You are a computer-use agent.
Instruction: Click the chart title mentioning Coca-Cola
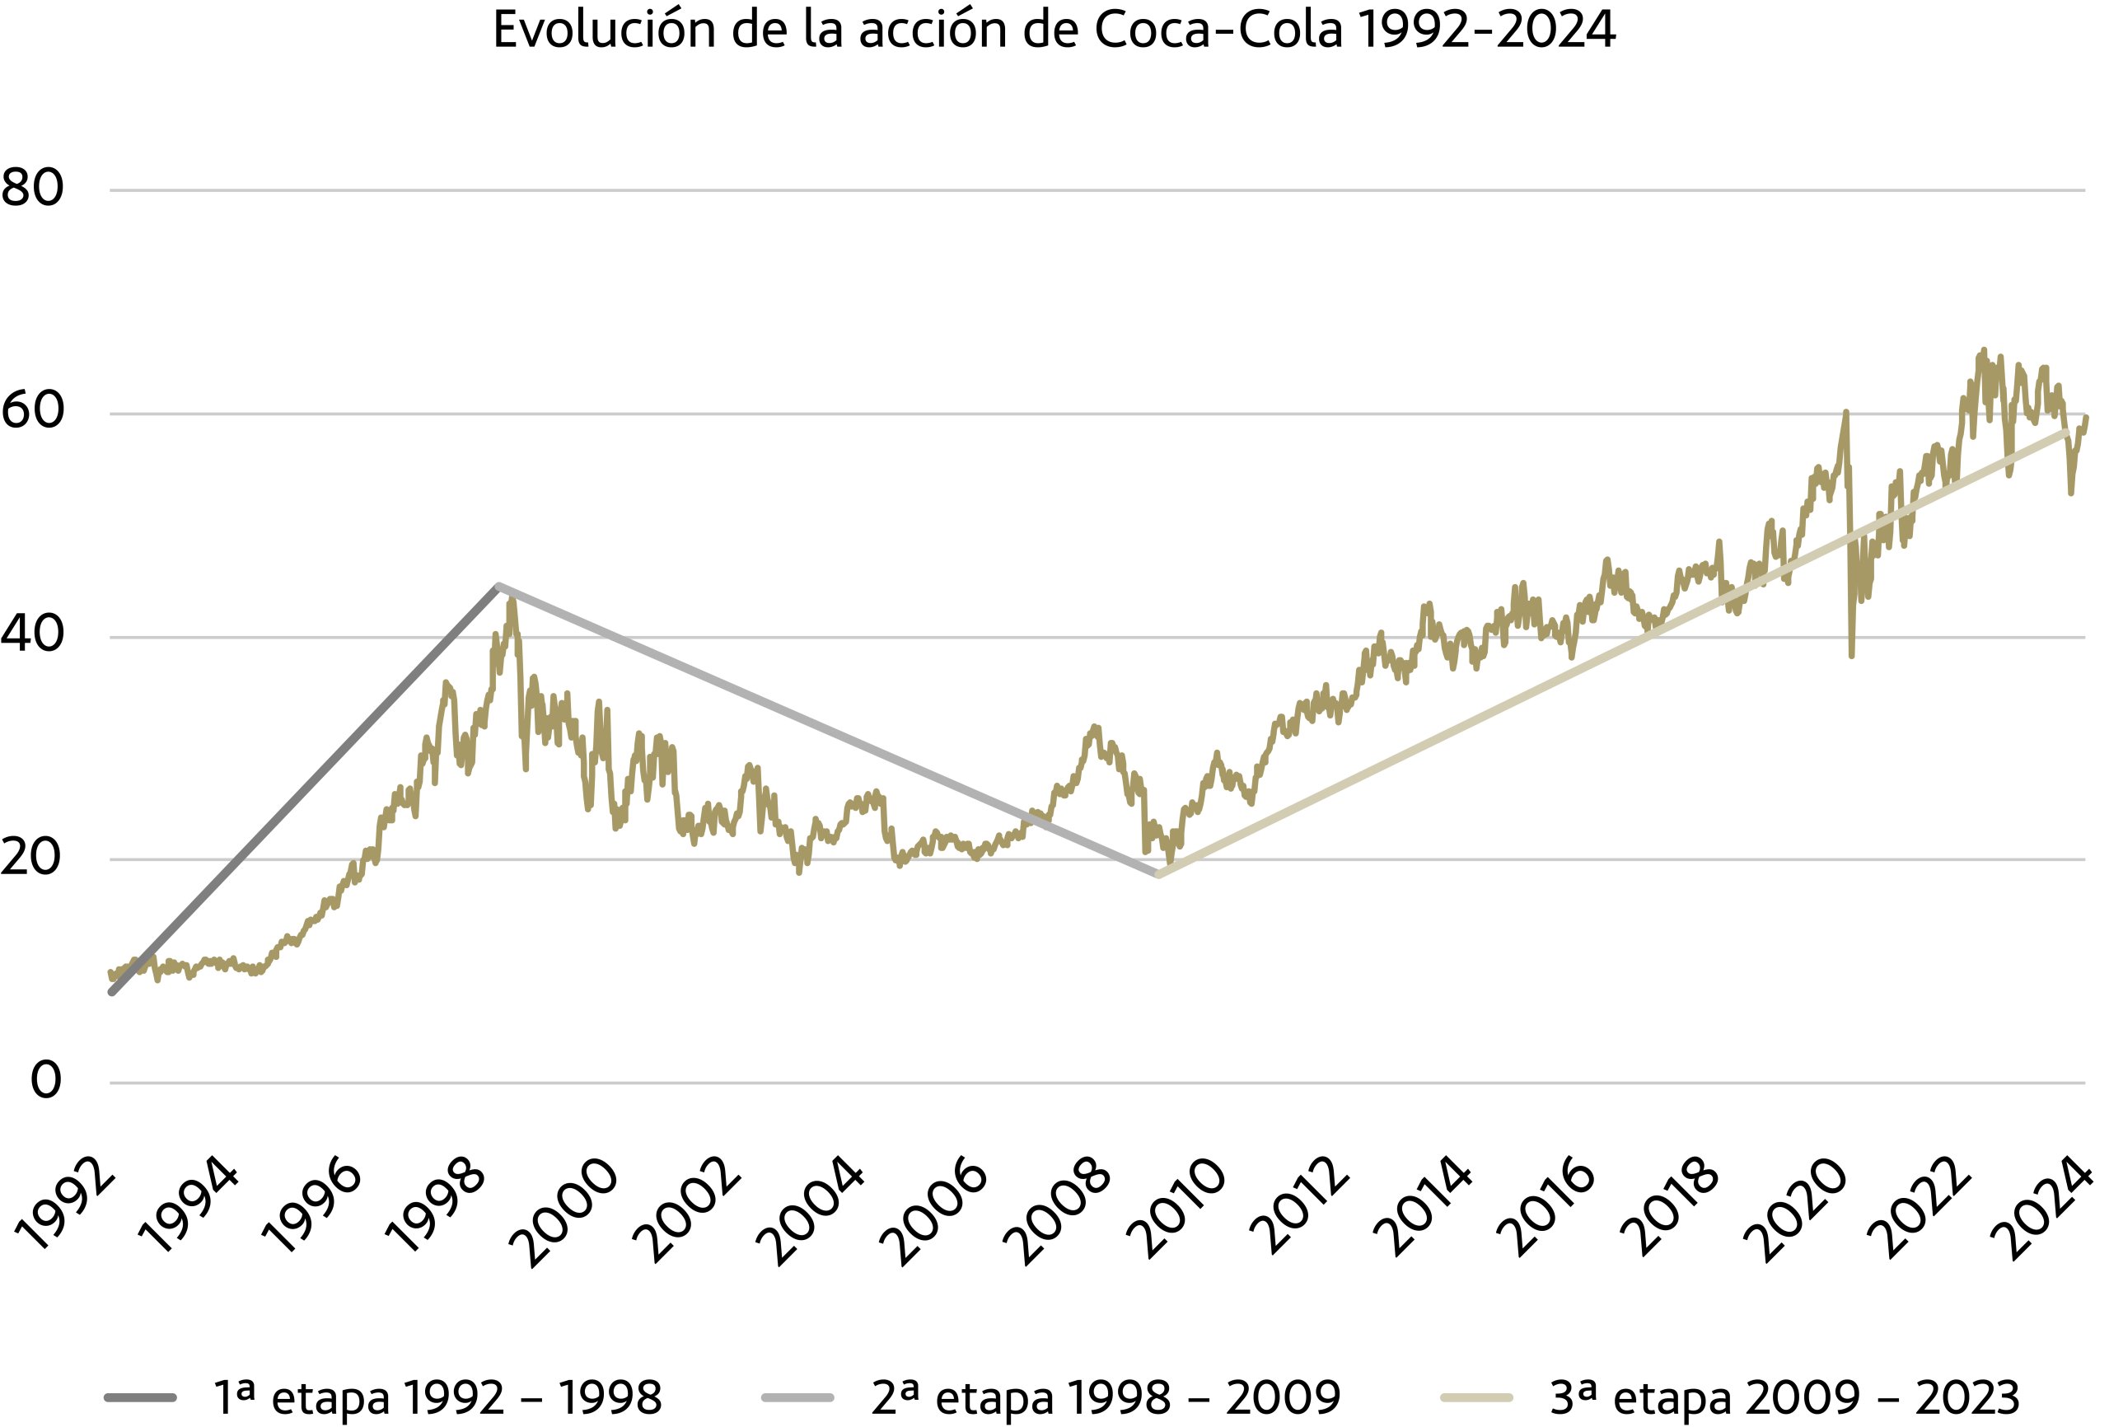[1054, 30]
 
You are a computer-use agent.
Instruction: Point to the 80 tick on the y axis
[33, 189]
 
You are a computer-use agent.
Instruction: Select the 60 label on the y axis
[33, 411]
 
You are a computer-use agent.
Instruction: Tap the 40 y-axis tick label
[33, 634]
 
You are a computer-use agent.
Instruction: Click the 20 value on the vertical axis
[33, 857]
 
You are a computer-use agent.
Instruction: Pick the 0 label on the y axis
[45, 1080]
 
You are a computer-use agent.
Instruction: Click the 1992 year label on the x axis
[65, 1205]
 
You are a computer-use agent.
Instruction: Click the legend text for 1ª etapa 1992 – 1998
[437, 1398]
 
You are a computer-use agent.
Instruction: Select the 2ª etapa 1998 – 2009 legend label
[1106, 1398]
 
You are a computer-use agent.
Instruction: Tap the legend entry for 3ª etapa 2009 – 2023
[1784, 1398]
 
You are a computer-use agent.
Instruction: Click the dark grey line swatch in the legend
[141, 1398]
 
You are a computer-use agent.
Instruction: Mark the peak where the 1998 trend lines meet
[498, 586]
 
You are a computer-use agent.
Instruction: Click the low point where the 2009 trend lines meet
[1158, 875]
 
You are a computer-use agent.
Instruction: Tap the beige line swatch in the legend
[1476, 1398]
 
